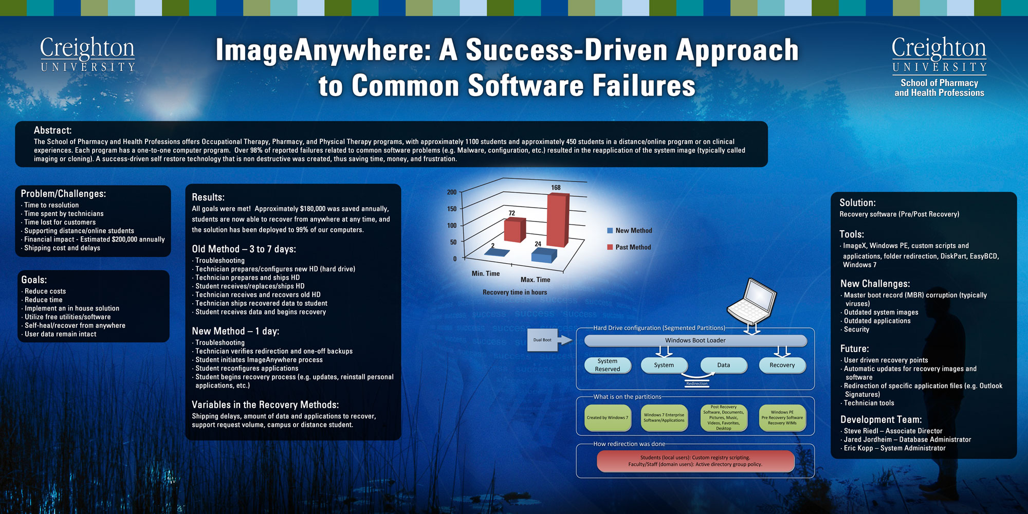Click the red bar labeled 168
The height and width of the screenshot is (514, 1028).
558,220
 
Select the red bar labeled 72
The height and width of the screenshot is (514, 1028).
515,230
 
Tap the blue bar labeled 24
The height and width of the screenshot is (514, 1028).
544,255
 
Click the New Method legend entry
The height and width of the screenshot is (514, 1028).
630,231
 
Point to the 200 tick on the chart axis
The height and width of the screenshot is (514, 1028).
452,192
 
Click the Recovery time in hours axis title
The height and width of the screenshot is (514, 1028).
515,292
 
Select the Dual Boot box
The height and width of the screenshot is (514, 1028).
542,340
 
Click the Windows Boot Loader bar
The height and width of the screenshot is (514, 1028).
695,340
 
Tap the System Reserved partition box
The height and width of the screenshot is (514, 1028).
608,365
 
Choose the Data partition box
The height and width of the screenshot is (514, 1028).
724,365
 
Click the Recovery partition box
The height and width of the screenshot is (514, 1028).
782,365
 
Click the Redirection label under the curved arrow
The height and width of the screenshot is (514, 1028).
697,383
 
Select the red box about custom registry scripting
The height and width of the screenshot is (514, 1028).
695,461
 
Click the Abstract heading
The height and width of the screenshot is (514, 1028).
52,131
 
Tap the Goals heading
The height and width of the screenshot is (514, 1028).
34,280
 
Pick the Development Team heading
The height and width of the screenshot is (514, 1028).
881,419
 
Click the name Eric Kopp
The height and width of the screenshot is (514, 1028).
858,448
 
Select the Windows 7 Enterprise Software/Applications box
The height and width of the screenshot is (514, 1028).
664,418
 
